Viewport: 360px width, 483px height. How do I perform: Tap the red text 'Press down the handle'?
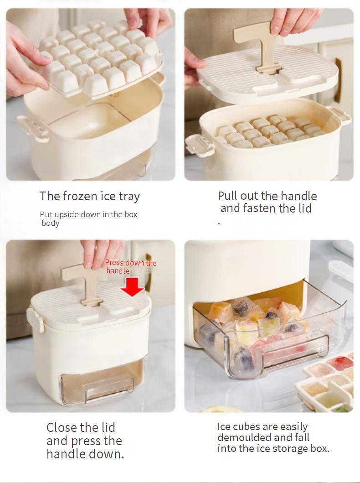[x=131, y=267]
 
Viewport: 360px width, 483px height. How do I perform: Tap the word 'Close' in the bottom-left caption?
[x=63, y=427]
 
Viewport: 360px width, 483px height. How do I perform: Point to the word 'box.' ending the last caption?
[x=320, y=448]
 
